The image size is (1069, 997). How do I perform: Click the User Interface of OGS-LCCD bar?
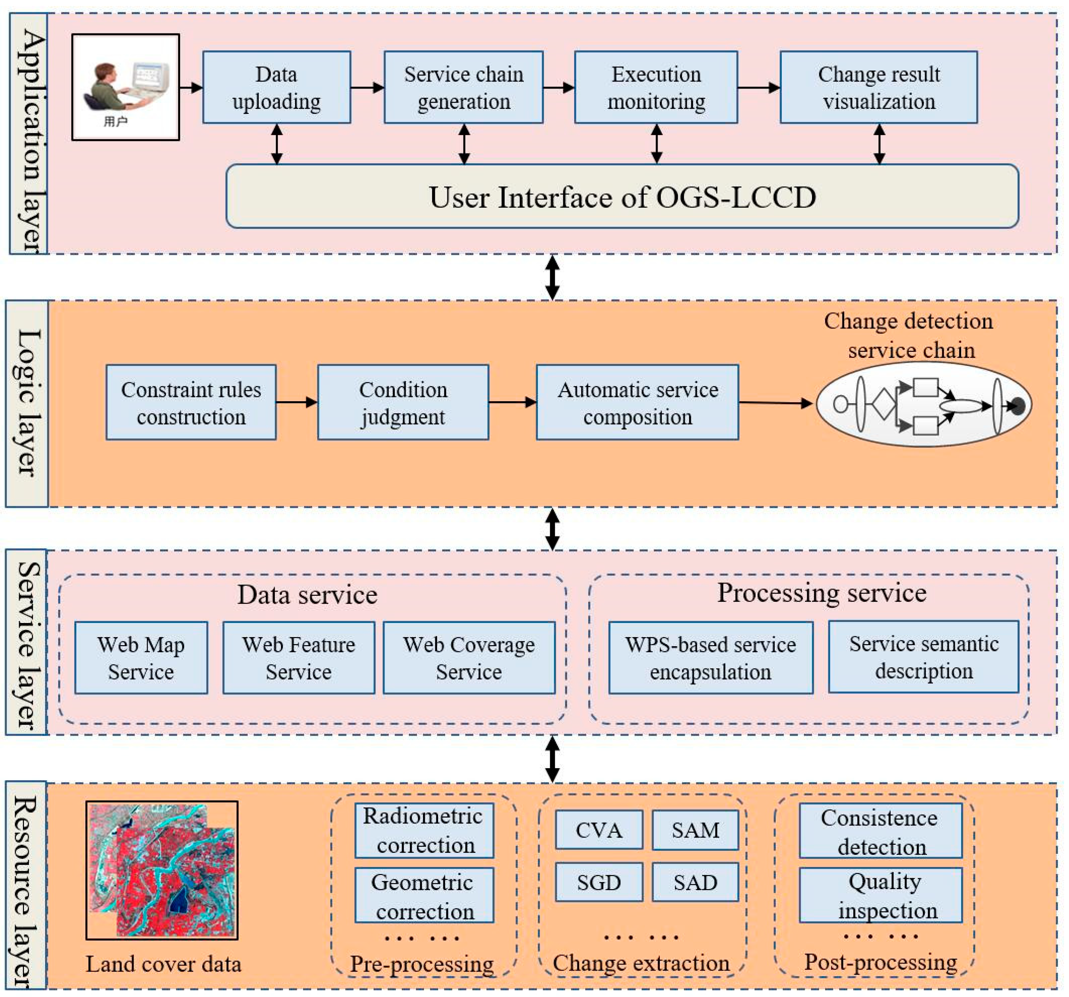622,196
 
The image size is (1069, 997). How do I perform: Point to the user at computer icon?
125,87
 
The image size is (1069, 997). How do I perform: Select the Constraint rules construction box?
191,402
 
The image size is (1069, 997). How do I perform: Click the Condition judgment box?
403,402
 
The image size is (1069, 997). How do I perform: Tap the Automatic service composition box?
637,402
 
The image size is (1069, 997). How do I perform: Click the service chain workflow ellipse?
923,404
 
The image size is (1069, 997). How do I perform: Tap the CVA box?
598,830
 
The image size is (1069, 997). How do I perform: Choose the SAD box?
695,882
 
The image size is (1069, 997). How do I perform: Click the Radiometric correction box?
424,830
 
